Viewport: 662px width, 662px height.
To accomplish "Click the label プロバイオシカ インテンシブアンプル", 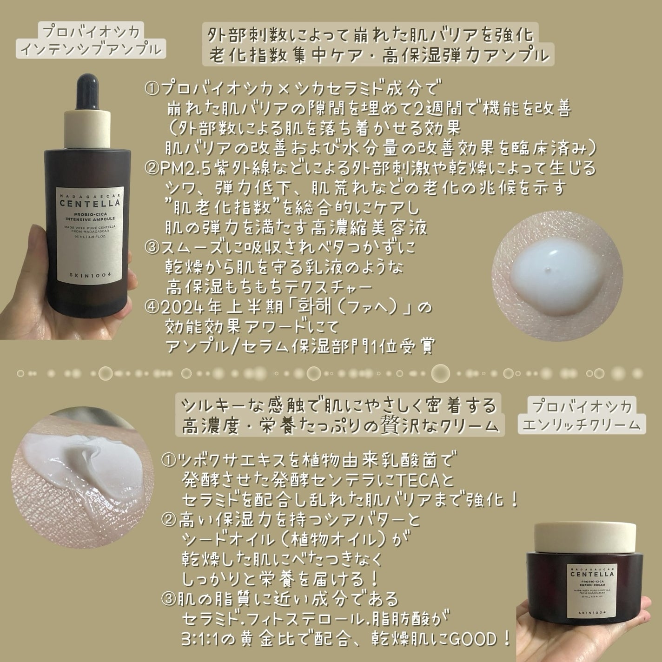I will tap(91, 40).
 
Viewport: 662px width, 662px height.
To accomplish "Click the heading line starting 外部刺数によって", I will tap(370, 35).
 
